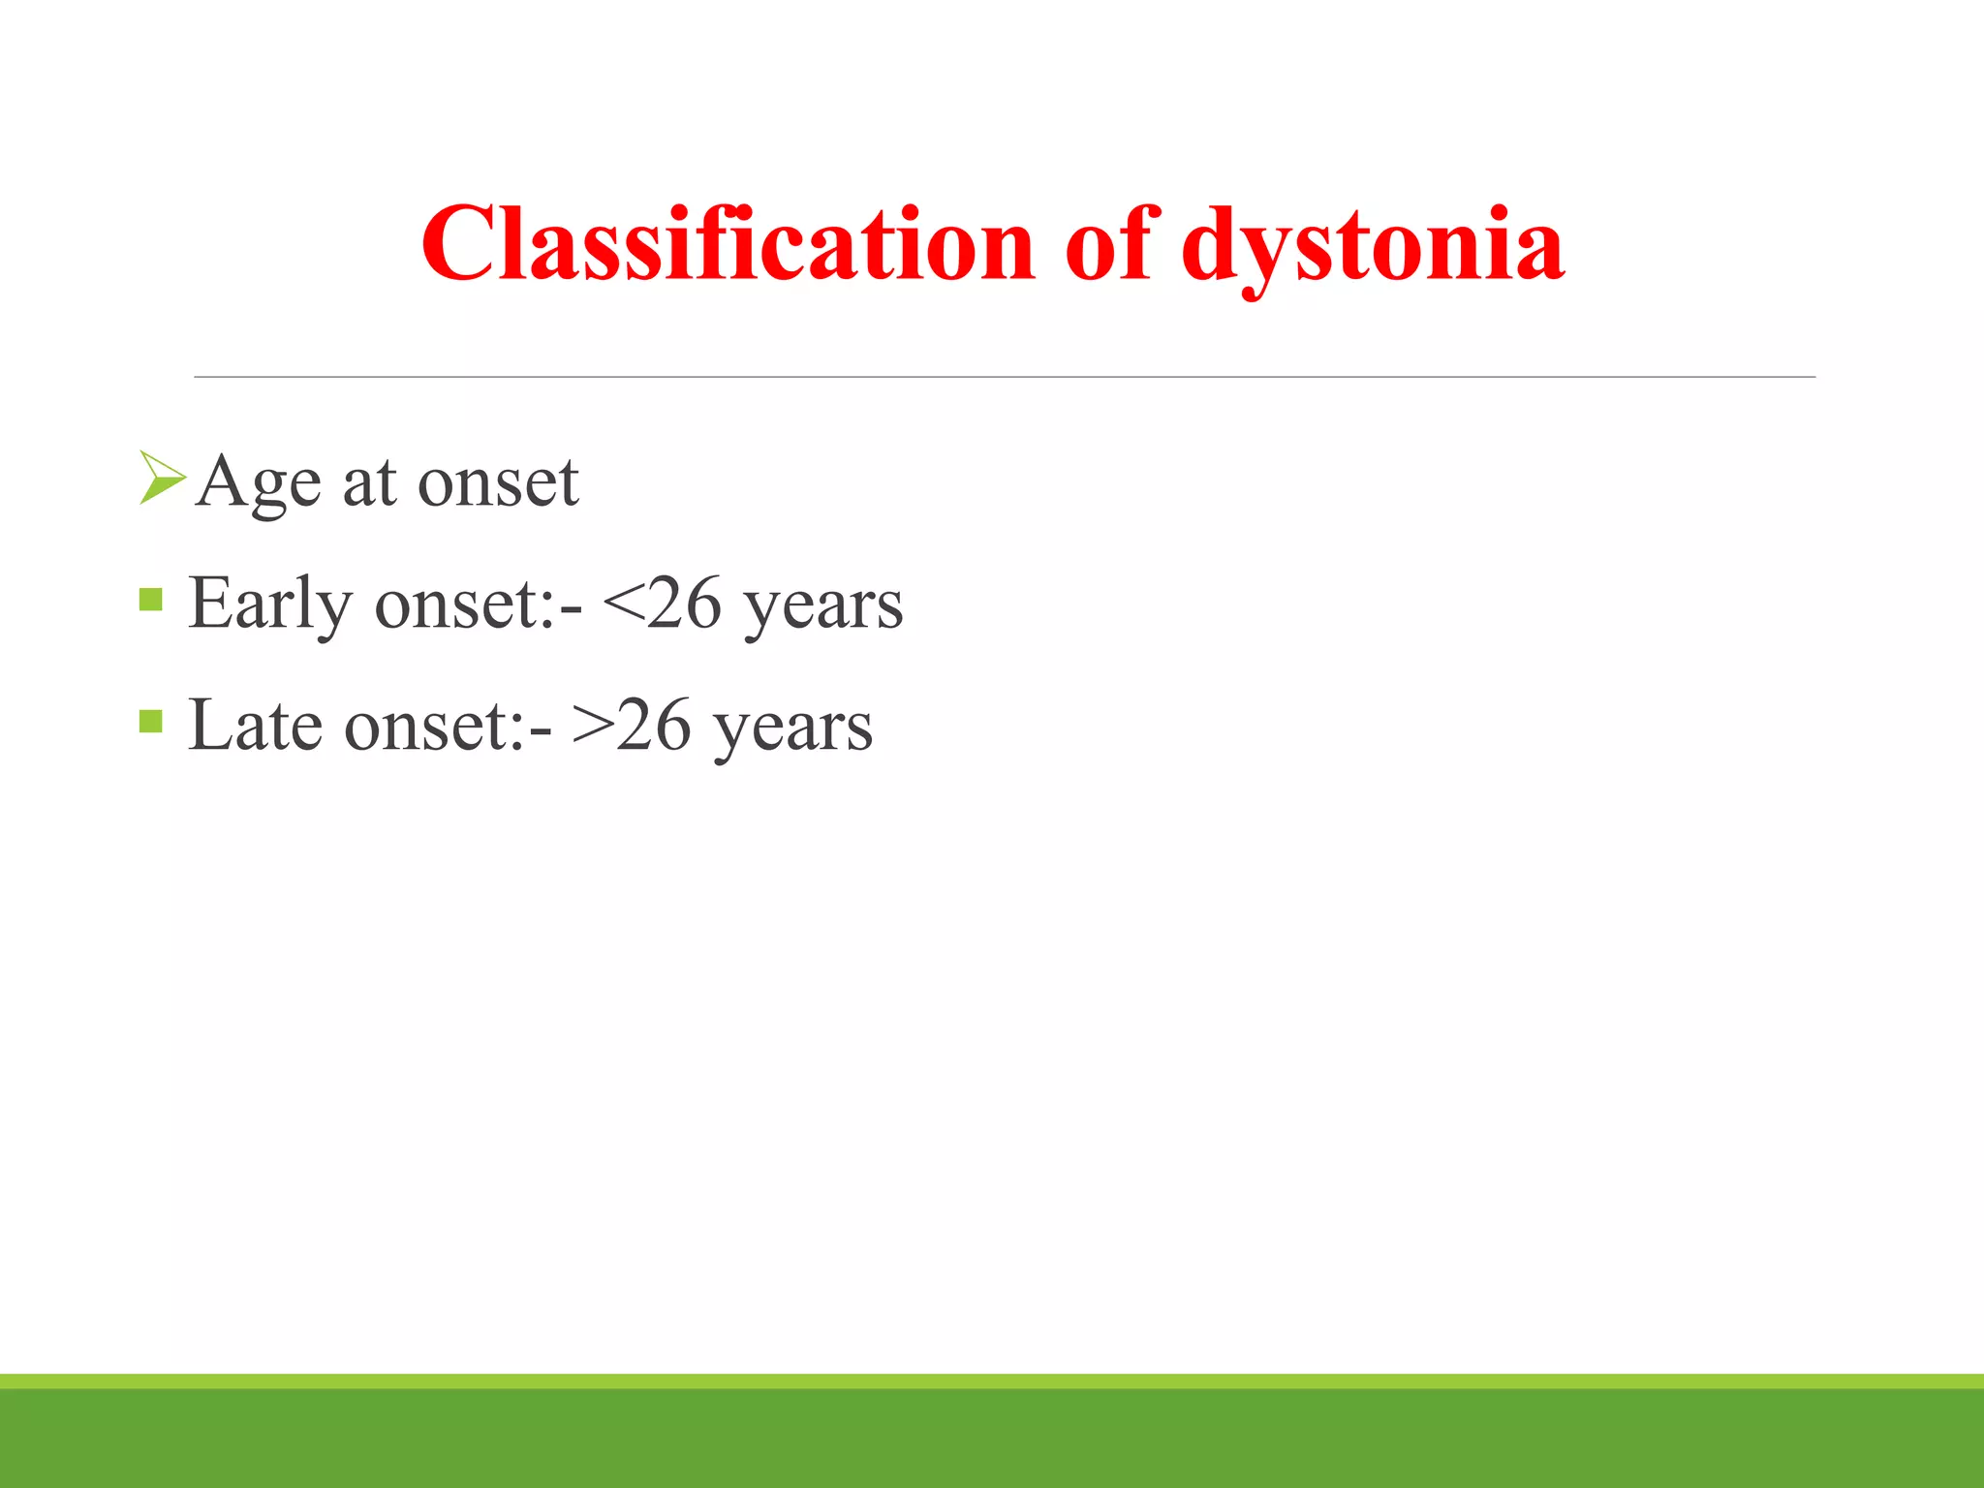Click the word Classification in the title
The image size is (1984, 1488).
pos(728,244)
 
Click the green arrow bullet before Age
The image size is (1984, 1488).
pos(161,478)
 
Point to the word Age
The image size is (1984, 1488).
pos(258,482)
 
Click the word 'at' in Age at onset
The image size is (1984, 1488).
pos(369,482)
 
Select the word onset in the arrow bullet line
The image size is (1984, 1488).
pos(498,482)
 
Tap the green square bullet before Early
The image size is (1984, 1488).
pos(150,600)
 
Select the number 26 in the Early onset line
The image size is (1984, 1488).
pos(683,603)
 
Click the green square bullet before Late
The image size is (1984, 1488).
pos(150,721)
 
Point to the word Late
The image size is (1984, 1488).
pos(255,725)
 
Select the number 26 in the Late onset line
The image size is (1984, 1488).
pos(653,725)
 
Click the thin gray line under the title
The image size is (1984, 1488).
pos(1004,377)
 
